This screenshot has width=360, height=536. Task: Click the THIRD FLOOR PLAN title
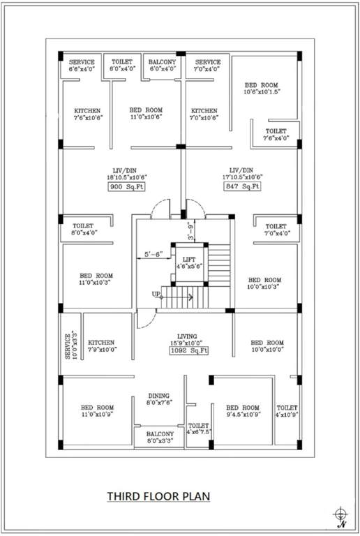pyautogui.click(x=158, y=497)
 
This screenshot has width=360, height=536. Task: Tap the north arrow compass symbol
pyautogui.click(x=340, y=516)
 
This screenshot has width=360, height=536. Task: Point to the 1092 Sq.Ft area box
pyautogui.click(x=188, y=351)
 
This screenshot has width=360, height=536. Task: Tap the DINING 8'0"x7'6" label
pyautogui.click(x=160, y=399)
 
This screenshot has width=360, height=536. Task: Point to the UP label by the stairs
pyautogui.click(x=157, y=295)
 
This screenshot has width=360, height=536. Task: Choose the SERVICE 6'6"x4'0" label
pyautogui.click(x=82, y=66)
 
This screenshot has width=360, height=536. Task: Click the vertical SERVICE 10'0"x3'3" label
pyautogui.click(x=70, y=346)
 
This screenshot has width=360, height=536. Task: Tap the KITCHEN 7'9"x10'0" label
pyautogui.click(x=102, y=346)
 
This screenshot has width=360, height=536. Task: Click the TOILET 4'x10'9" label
pyautogui.click(x=287, y=411)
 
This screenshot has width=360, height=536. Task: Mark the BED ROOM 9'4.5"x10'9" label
pyautogui.click(x=242, y=411)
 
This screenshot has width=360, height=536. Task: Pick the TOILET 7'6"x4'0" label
pyautogui.click(x=276, y=134)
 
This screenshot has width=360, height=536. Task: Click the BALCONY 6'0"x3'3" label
pyautogui.click(x=160, y=438)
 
